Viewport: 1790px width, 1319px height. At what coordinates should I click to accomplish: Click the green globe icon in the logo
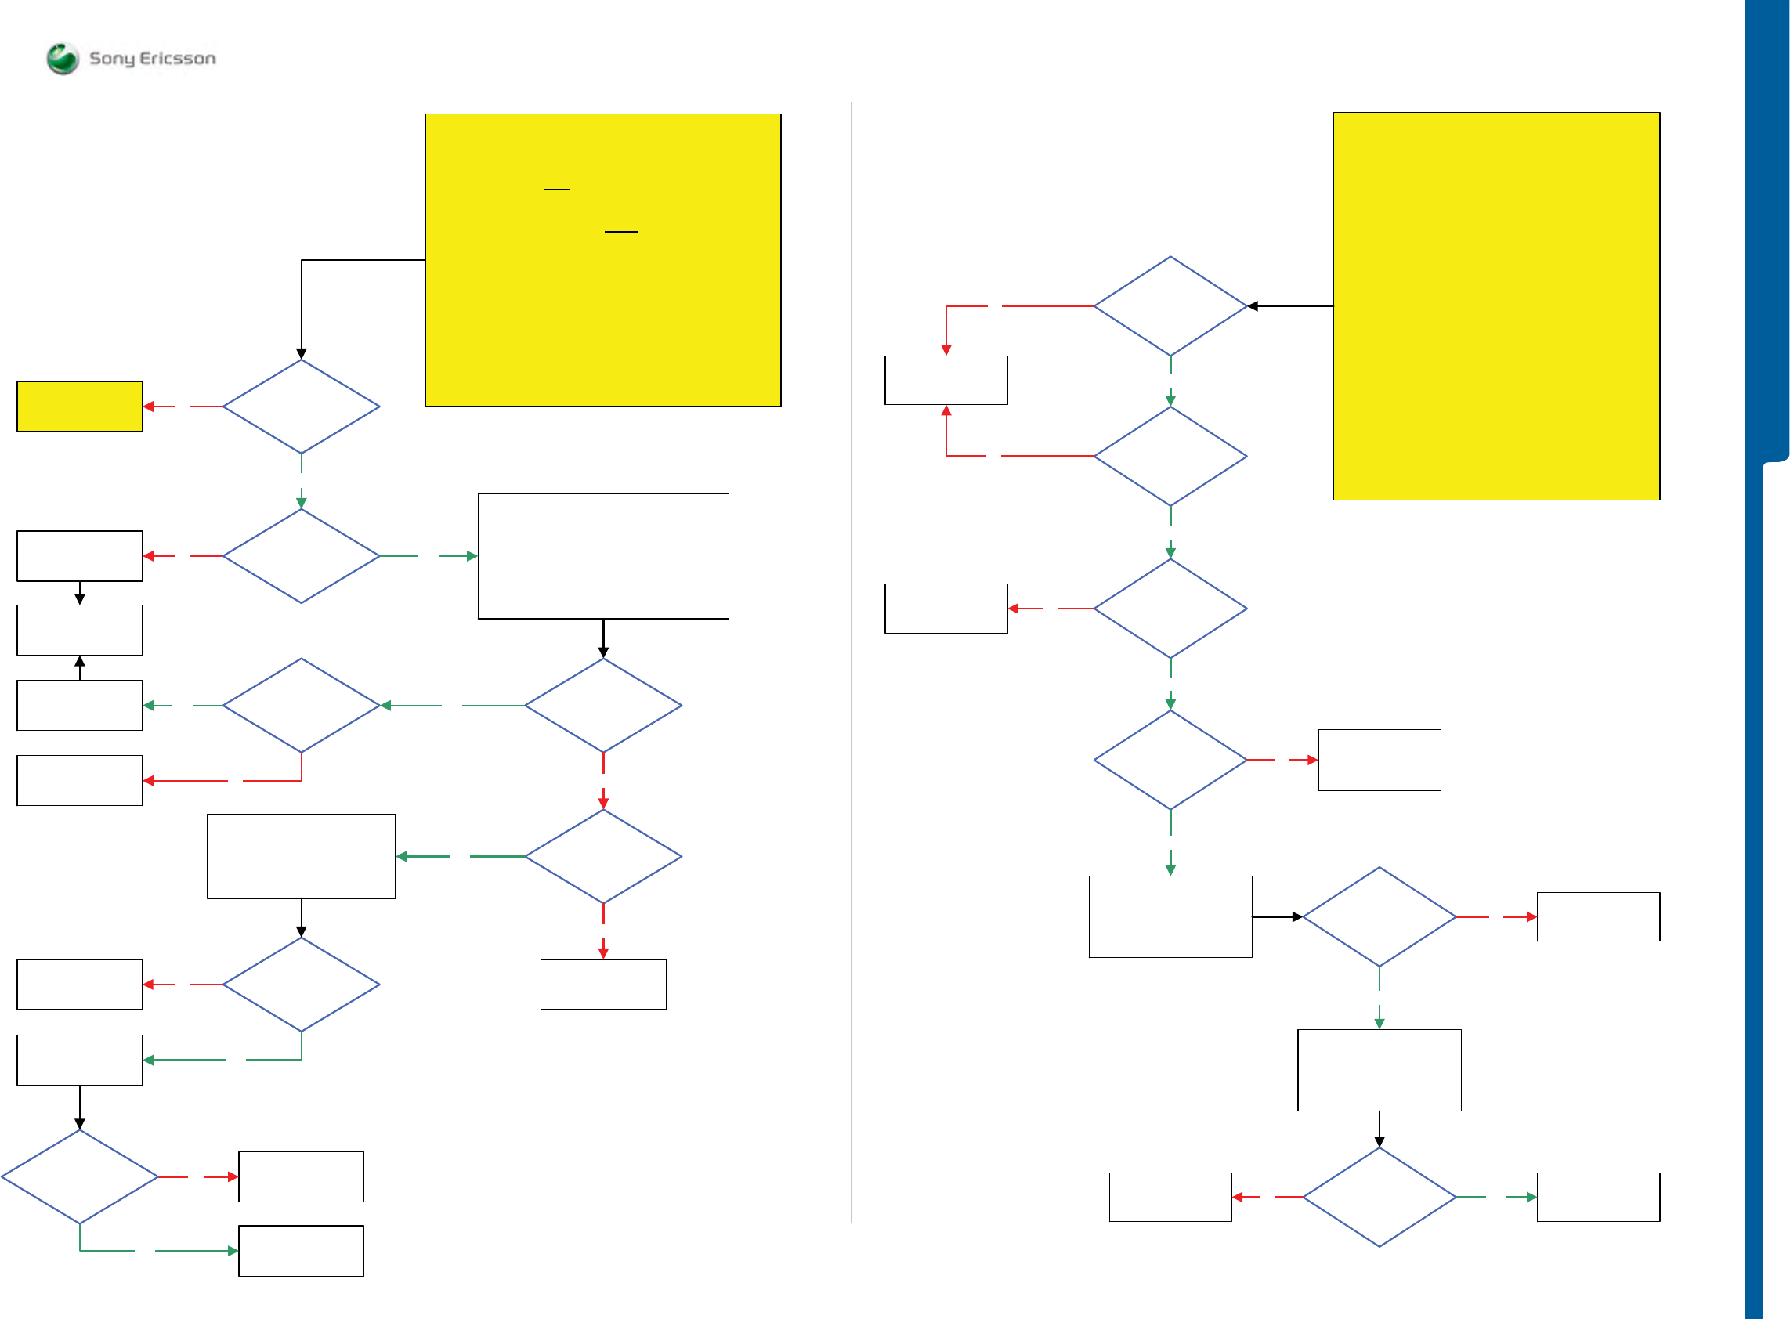[62, 58]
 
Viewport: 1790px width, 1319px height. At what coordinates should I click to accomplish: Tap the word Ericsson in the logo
[177, 58]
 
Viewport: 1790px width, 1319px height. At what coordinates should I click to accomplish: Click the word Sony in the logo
[111, 58]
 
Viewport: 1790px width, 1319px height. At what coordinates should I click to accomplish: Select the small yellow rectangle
[80, 407]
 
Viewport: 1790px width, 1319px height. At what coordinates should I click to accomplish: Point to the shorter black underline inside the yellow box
[556, 190]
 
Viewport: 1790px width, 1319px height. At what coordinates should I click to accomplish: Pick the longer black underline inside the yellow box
[620, 232]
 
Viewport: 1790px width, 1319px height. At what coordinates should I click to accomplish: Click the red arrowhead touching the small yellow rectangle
[149, 407]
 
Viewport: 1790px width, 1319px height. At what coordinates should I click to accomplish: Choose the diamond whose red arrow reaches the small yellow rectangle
[301, 407]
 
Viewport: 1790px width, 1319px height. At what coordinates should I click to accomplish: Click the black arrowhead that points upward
[80, 661]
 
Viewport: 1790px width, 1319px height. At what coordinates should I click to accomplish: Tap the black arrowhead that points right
[1296, 916]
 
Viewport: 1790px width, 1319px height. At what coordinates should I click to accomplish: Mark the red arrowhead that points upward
[946, 410]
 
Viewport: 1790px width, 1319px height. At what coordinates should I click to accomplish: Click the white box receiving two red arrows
[946, 380]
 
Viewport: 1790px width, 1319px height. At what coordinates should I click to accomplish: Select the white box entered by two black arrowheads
[80, 630]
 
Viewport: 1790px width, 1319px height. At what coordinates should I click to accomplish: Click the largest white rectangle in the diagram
[602, 555]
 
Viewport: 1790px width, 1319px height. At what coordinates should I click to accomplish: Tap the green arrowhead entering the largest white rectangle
[472, 555]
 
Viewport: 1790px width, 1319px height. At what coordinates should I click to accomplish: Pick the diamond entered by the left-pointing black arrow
[1170, 305]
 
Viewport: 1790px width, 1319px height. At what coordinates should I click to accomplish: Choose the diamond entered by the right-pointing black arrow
[1379, 916]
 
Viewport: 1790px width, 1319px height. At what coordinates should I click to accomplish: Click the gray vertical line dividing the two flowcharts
[851, 663]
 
